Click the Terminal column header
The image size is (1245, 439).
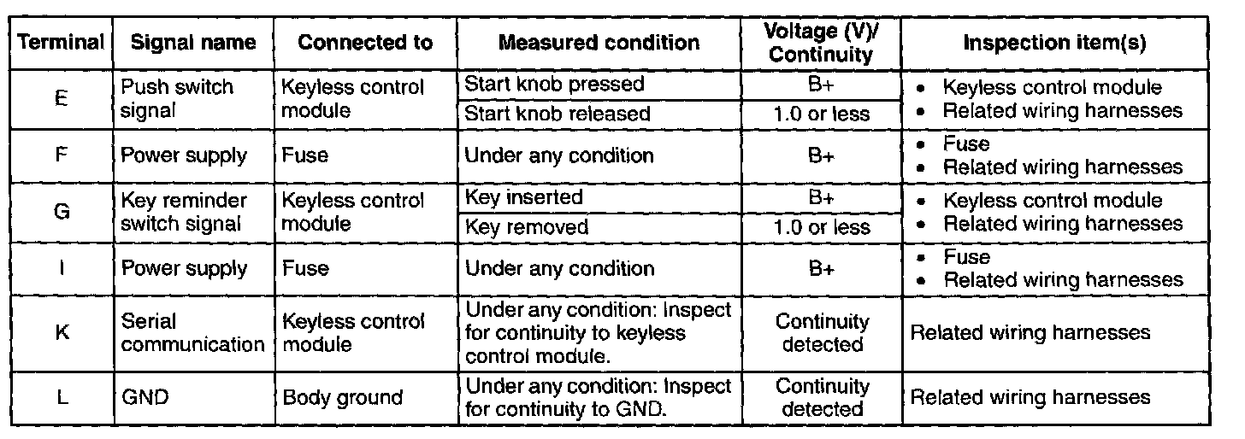coord(62,43)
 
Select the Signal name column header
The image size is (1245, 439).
coord(193,43)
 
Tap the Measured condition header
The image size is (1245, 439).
coord(599,43)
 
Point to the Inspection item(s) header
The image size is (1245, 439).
coord(1054,43)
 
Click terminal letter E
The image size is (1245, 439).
coord(62,98)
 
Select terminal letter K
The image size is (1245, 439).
coord(62,332)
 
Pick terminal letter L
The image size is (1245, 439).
coord(62,397)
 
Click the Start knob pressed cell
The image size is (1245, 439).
coord(554,85)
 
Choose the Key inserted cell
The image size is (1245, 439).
coord(523,197)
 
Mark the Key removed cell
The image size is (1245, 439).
coord(526,227)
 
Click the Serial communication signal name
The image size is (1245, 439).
coord(193,332)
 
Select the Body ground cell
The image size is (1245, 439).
coord(342,397)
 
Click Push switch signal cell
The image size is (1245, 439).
coord(178,98)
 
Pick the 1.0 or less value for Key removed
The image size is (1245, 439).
coord(821,227)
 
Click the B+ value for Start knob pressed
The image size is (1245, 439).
coord(821,85)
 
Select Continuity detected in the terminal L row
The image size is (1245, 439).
coord(821,397)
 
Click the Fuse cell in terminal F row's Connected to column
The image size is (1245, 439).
coord(305,155)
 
